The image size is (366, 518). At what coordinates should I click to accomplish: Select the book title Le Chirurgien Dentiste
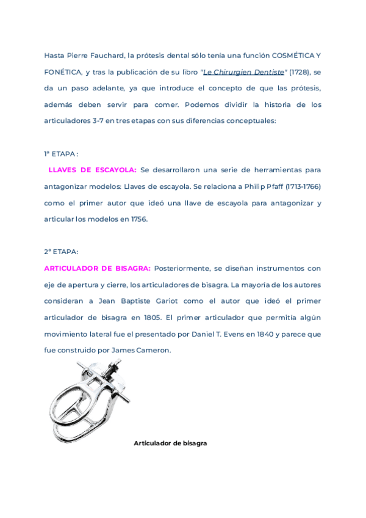tap(244, 71)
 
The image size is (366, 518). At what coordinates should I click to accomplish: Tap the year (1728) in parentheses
tap(300, 71)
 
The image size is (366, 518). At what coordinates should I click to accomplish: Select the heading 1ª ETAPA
tap(60, 153)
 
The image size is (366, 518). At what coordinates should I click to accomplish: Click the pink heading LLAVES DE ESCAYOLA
tap(92, 170)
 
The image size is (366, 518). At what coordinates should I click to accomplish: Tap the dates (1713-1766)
tap(299, 186)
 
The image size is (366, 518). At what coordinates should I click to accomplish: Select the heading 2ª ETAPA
tap(61, 252)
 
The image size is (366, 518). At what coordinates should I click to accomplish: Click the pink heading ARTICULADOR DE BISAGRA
tap(97, 268)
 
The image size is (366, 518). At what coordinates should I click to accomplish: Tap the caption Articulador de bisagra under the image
tap(170, 443)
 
